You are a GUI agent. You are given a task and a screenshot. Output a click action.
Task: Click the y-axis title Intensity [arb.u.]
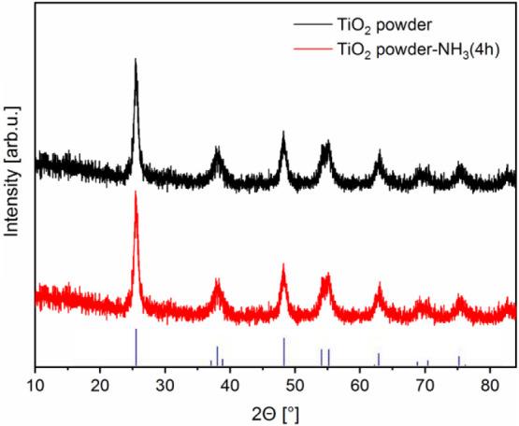pyautogui.click(x=13, y=187)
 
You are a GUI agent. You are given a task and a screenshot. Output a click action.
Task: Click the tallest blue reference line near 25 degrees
pyautogui.click(x=136, y=347)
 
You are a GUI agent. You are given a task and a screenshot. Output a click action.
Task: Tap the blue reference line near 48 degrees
pyautogui.click(x=283, y=351)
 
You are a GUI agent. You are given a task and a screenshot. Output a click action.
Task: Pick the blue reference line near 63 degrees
pyautogui.click(x=379, y=360)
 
